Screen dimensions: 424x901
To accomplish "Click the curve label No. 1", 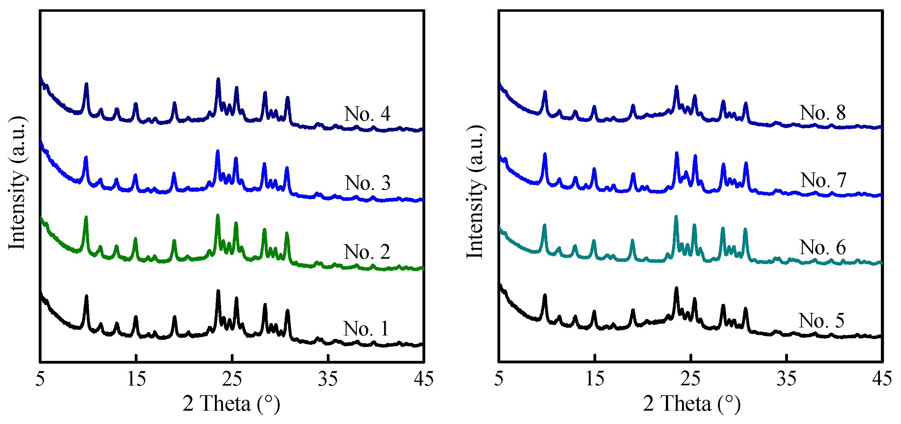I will pyautogui.click(x=366, y=329).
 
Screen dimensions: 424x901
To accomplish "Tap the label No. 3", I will pyautogui.click(x=368, y=183).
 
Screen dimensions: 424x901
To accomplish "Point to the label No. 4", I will pyautogui.click(x=367, y=114).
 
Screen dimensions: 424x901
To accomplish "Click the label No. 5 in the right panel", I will pyautogui.click(x=821, y=320).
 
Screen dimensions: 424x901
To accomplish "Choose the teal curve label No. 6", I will pyautogui.click(x=823, y=247).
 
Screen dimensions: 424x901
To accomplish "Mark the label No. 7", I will pyautogui.click(x=823, y=180).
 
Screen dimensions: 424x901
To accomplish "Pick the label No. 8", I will pyautogui.click(x=823, y=113).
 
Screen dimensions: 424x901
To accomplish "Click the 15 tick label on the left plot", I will pyautogui.click(x=136, y=379).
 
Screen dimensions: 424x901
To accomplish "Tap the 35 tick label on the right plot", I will pyautogui.click(x=786, y=379).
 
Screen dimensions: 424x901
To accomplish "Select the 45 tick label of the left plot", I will pyautogui.click(x=424, y=379).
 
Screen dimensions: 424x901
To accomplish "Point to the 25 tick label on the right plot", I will pyautogui.click(x=690, y=379).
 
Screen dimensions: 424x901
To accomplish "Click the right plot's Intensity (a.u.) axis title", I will pyautogui.click(x=475, y=192).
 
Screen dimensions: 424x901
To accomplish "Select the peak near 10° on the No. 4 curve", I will pyautogui.click(x=86, y=84).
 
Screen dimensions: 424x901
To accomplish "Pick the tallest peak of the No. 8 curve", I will pyautogui.click(x=676, y=87).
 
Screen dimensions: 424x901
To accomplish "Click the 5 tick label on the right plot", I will pyautogui.click(x=499, y=379).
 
